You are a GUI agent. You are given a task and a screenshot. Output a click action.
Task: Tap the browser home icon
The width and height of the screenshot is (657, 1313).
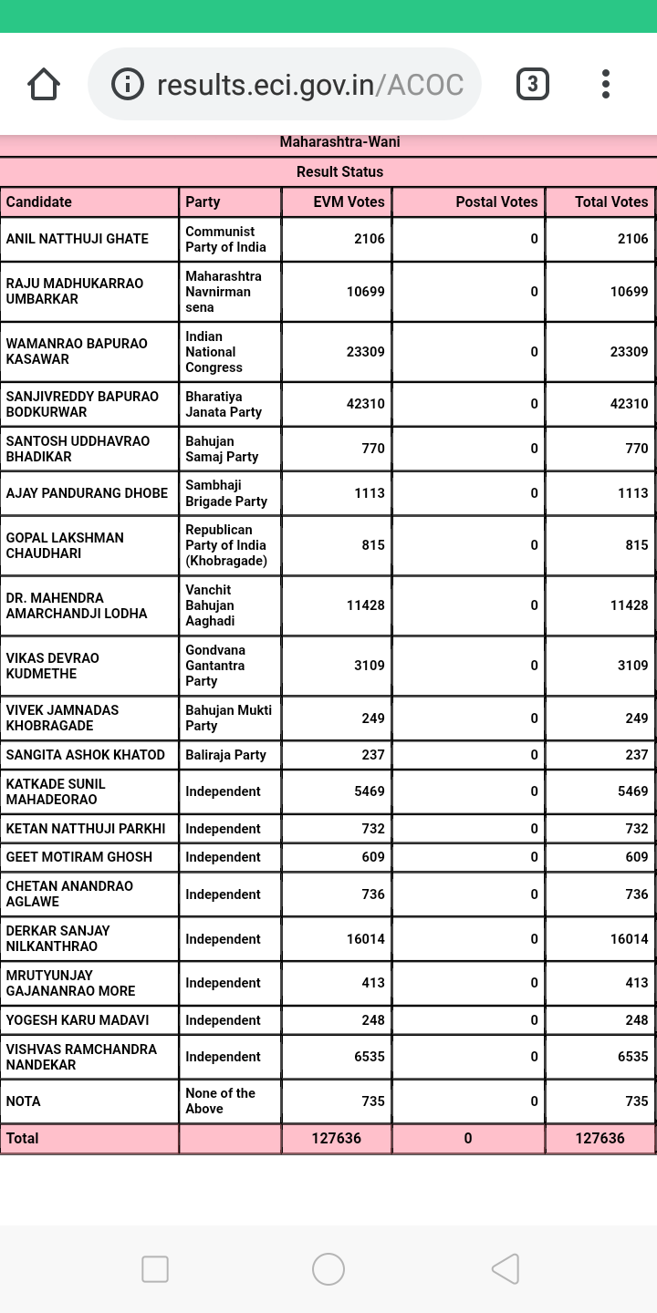tap(44, 85)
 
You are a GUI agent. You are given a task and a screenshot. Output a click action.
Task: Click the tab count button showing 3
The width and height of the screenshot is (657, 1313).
tap(532, 85)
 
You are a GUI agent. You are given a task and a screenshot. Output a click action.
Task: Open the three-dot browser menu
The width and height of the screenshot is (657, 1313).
tap(606, 85)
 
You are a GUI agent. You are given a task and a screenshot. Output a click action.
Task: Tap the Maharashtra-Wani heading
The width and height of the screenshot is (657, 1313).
tap(339, 142)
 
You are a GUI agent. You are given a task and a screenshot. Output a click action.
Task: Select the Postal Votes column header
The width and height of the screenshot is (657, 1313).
tap(496, 202)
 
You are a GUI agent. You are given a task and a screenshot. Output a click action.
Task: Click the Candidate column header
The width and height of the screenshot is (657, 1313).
tap(39, 202)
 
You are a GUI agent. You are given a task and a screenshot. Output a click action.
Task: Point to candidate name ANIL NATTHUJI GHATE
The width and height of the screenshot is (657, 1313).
tap(78, 239)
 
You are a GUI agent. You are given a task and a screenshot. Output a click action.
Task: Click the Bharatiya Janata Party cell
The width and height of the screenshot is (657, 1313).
tap(224, 404)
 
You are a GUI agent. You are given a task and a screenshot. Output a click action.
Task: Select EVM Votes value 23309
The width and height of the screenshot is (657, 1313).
tap(365, 351)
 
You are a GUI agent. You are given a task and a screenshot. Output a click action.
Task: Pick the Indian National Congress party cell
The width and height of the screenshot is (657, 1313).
tap(214, 351)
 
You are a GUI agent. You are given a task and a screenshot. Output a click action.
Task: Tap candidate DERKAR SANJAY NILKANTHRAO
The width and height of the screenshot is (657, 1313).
tap(58, 938)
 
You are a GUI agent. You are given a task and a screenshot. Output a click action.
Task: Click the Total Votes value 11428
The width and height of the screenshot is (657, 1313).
tap(629, 605)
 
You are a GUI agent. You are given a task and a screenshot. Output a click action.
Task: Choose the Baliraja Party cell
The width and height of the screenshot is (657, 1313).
tap(225, 755)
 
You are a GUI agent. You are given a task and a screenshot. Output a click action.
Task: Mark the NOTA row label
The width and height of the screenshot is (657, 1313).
tap(24, 1101)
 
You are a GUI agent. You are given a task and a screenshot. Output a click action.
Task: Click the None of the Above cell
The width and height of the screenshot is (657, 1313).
tap(220, 1101)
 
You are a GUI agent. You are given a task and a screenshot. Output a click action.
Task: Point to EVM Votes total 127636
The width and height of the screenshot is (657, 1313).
tap(336, 1138)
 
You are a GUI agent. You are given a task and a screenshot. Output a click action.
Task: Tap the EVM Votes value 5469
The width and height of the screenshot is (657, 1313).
tap(370, 791)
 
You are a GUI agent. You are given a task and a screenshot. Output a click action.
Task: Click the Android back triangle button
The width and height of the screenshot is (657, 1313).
tap(506, 1269)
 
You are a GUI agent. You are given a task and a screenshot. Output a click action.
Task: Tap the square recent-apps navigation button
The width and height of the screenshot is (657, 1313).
tap(155, 1269)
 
